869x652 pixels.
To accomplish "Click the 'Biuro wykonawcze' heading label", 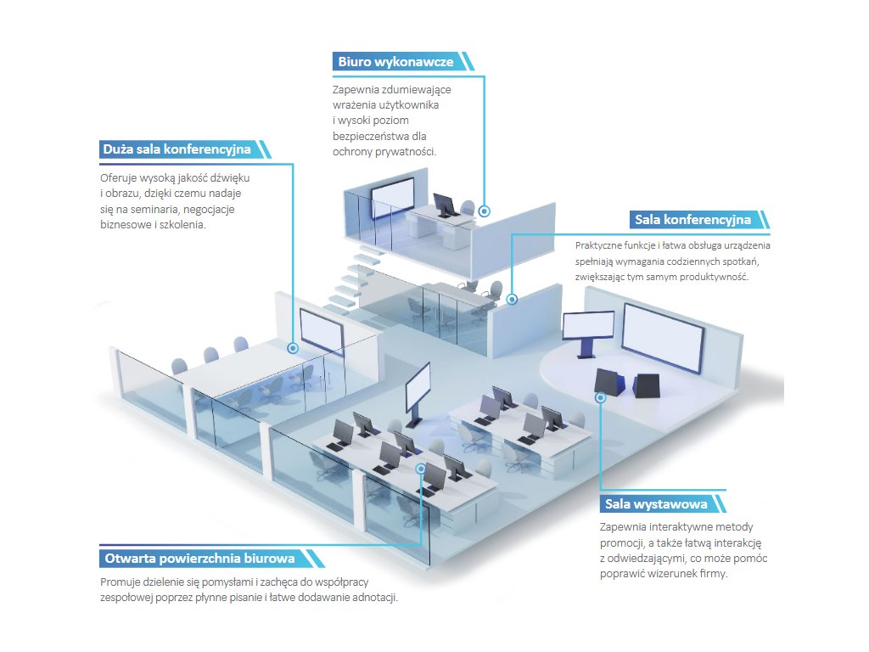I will click(x=395, y=62).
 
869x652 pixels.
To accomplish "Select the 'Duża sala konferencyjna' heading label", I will click(x=177, y=149).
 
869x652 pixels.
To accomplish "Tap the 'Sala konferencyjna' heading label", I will click(x=692, y=220).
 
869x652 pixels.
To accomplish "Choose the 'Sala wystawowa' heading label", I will click(x=656, y=504).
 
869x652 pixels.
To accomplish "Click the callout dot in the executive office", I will click(x=484, y=210).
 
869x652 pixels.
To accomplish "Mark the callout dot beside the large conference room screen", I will click(x=293, y=347).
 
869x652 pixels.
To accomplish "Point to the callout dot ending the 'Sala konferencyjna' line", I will click(x=512, y=299).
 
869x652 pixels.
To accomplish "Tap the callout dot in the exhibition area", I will click(x=600, y=396).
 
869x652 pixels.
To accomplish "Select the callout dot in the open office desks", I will click(x=420, y=468).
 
